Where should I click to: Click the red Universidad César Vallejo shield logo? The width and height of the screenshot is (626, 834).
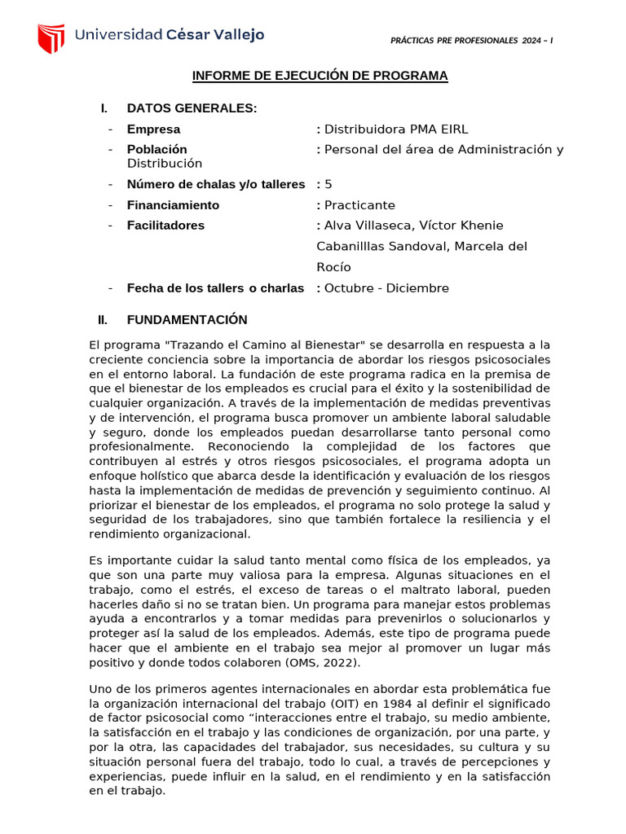pyautogui.click(x=51, y=38)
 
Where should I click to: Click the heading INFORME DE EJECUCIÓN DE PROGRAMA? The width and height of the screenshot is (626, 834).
pyautogui.click(x=320, y=76)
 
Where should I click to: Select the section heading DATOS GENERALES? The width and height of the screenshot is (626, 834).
pyautogui.click(x=192, y=108)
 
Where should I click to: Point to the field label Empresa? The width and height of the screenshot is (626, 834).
pyautogui.click(x=153, y=129)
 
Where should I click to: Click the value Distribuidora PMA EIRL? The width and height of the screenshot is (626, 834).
pyautogui.click(x=396, y=129)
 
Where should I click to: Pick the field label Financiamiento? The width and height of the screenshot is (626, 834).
pyautogui.click(x=173, y=205)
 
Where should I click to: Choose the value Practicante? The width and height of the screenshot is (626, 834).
pyautogui.click(x=359, y=205)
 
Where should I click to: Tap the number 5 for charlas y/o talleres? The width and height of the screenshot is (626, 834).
pyautogui.click(x=328, y=184)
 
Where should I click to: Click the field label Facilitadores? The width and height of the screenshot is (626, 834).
pyautogui.click(x=165, y=226)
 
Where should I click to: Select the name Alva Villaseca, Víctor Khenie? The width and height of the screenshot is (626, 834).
pyautogui.click(x=413, y=226)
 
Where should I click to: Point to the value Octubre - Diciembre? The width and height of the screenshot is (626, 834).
pyautogui.click(x=386, y=288)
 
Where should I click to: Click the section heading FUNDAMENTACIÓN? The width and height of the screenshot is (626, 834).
pyautogui.click(x=187, y=320)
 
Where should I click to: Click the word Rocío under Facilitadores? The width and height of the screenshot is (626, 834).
pyautogui.click(x=333, y=267)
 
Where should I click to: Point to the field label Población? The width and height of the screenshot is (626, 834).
pyautogui.click(x=156, y=149)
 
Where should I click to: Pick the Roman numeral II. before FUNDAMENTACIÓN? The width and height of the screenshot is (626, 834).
pyautogui.click(x=104, y=320)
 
